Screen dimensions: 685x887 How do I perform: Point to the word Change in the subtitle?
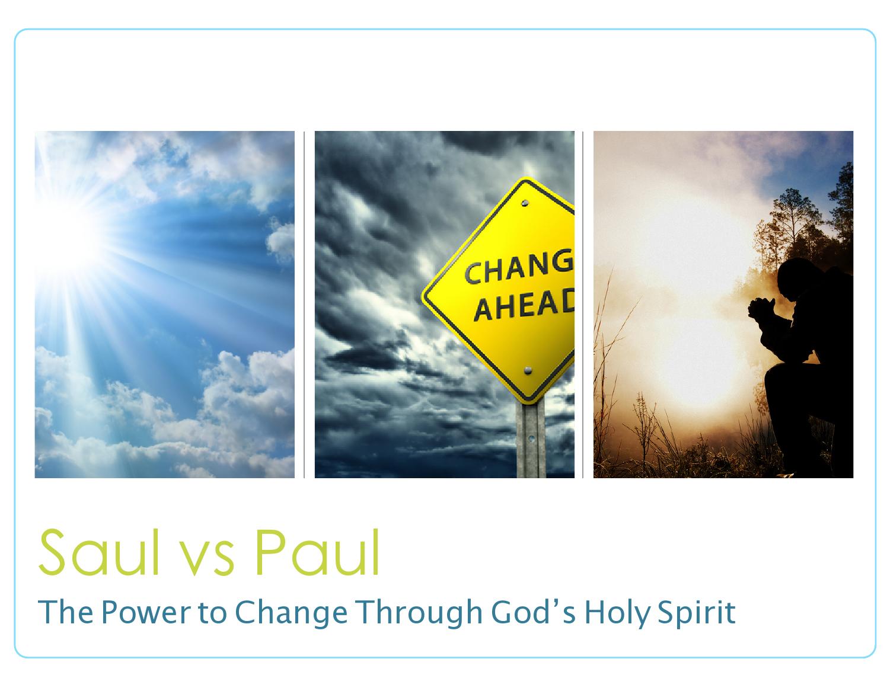click(291, 613)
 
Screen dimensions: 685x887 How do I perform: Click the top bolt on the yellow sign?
click(525, 203)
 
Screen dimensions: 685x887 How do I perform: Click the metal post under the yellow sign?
click(530, 441)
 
